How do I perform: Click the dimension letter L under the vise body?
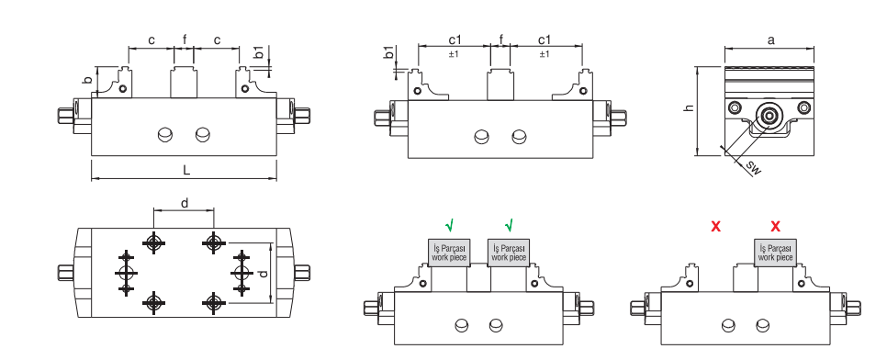pos(186,171)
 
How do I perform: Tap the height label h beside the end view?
pos(689,107)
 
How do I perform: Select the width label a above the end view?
pos(770,39)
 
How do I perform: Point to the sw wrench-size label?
pos(753,168)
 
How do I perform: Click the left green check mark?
pos(449,225)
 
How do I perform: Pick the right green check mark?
pos(509,225)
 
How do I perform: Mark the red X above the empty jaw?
pos(715,227)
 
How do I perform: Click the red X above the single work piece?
pos(775,227)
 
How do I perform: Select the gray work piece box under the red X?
pos(775,253)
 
